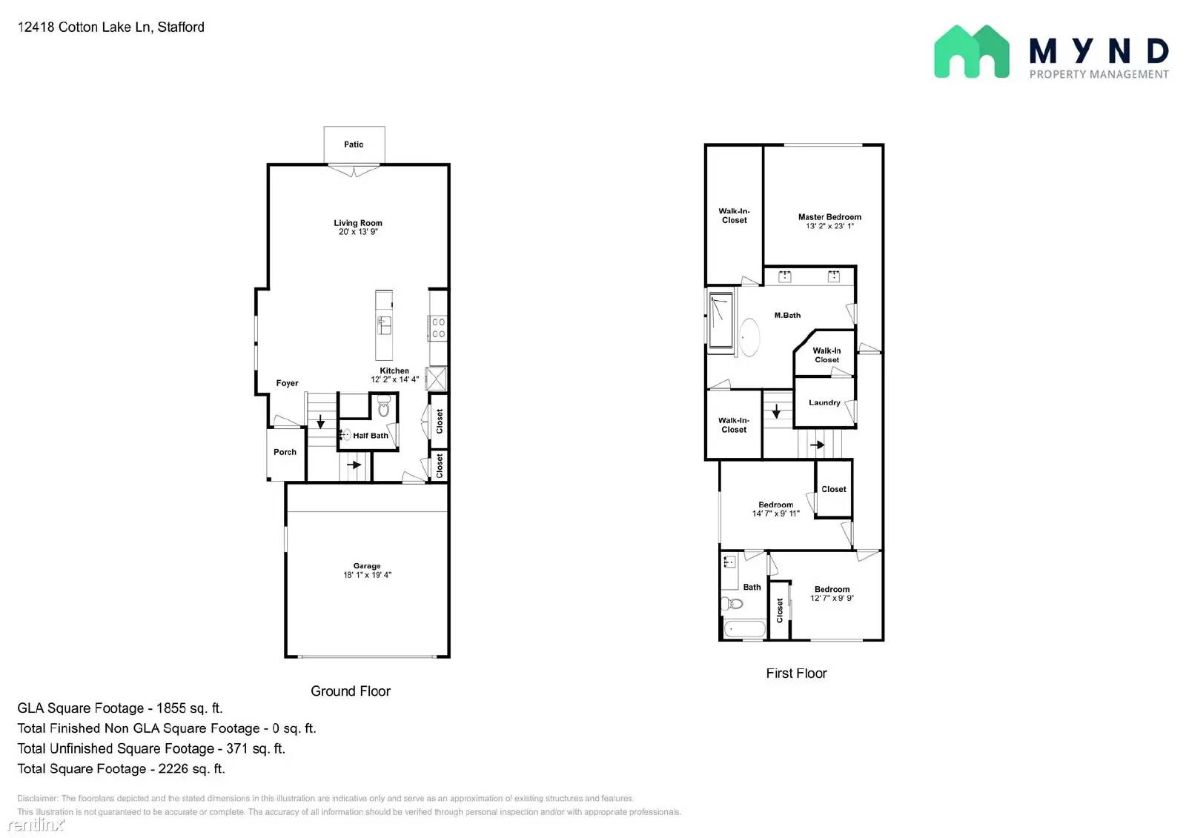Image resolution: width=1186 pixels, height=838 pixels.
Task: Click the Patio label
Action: (354, 144)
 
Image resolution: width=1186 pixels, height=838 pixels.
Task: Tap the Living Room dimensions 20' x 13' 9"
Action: (358, 232)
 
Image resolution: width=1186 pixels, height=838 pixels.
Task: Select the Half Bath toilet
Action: (384, 405)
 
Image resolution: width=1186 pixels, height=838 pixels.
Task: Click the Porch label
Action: (285, 452)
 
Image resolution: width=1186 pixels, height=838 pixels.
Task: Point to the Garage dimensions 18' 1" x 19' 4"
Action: (367, 575)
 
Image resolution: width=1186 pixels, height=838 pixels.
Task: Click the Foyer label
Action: (287, 383)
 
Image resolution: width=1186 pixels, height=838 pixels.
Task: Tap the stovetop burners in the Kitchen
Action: (438, 327)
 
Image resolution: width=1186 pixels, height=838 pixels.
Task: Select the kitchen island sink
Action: (385, 325)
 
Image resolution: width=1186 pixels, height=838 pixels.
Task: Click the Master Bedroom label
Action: (829, 217)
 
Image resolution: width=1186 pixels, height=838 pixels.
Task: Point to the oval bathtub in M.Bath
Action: (749, 337)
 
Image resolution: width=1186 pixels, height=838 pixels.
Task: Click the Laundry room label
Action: (824, 403)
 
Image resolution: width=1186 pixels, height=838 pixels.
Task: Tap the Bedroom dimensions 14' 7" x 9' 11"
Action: (775, 513)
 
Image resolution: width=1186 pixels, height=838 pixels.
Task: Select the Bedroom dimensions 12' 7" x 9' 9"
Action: (832, 598)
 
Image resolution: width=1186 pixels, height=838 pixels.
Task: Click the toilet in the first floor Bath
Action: (732, 603)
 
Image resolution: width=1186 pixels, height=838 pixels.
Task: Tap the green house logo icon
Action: (972, 52)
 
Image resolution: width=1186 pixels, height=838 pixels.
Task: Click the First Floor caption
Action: (796, 674)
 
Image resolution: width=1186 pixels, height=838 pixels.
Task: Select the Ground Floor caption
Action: (351, 691)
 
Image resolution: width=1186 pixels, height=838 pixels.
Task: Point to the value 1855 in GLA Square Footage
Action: (171, 708)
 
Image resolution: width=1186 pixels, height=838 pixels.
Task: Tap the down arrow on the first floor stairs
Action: (776, 411)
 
